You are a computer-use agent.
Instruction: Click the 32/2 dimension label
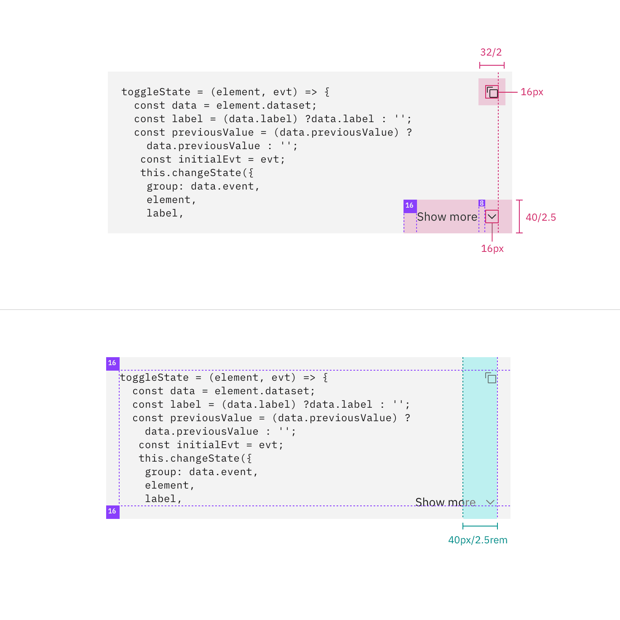(x=491, y=52)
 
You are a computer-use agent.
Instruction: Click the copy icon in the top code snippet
(x=492, y=92)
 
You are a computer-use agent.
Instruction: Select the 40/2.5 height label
(x=540, y=217)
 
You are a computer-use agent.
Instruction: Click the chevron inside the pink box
(x=492, y=216)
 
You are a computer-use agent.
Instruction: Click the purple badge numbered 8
(x=481, y=203)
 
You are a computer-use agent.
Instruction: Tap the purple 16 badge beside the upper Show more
(x=410, y=206)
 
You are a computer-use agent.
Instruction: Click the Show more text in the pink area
(x=447, y=217)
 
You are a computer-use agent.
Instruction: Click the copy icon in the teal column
(x=491, y=378)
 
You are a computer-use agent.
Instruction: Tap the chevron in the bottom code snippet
(x=490, y=502)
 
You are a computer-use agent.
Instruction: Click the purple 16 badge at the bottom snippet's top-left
(x=112, y=363)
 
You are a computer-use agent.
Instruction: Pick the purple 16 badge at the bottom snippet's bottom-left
(x=112, y=512)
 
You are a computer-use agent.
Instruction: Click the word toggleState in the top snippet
(x=156, y=92)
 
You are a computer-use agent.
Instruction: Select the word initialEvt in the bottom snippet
(x=208, y=445)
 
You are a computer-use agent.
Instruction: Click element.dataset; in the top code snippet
(x=266, y=106)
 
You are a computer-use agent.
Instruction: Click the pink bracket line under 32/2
(x=492, y=65)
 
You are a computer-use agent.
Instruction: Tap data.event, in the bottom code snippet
(x=223, y=472)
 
